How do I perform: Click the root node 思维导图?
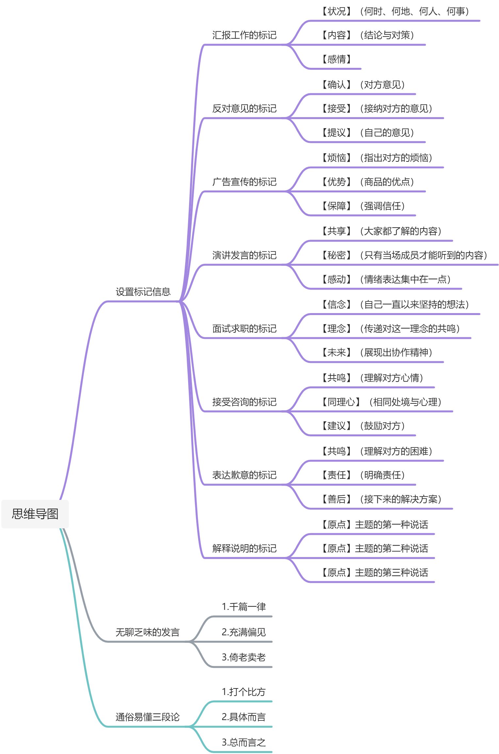(35, 514)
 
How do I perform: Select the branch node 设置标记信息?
(143, 292)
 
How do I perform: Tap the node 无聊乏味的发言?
(147, 632)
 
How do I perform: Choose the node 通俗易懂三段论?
(147, 717)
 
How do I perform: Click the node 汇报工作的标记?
(244, 35)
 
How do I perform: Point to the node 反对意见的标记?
(244, 108)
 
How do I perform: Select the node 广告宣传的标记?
(244, 182)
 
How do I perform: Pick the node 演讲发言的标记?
(244, 255)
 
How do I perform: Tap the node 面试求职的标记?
(244, 328)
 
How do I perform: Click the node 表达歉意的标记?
(244, 475)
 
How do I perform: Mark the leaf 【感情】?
(336, 59)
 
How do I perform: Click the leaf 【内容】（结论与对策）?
(368, 35)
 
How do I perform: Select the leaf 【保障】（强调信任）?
(363, 206)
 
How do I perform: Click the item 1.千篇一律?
(244, 607)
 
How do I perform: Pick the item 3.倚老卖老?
(244, 657)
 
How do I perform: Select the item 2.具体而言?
(244, 717)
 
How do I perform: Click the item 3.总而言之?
(244, 742)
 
